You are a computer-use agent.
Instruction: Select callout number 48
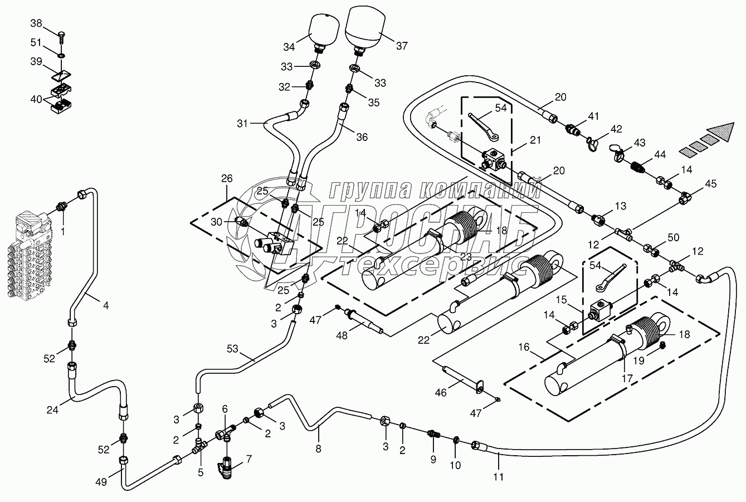(x=342, y=335)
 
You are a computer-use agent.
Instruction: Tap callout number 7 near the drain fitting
(x=249, y=459)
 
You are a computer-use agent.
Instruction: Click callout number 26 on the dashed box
(x=227, y=179)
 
